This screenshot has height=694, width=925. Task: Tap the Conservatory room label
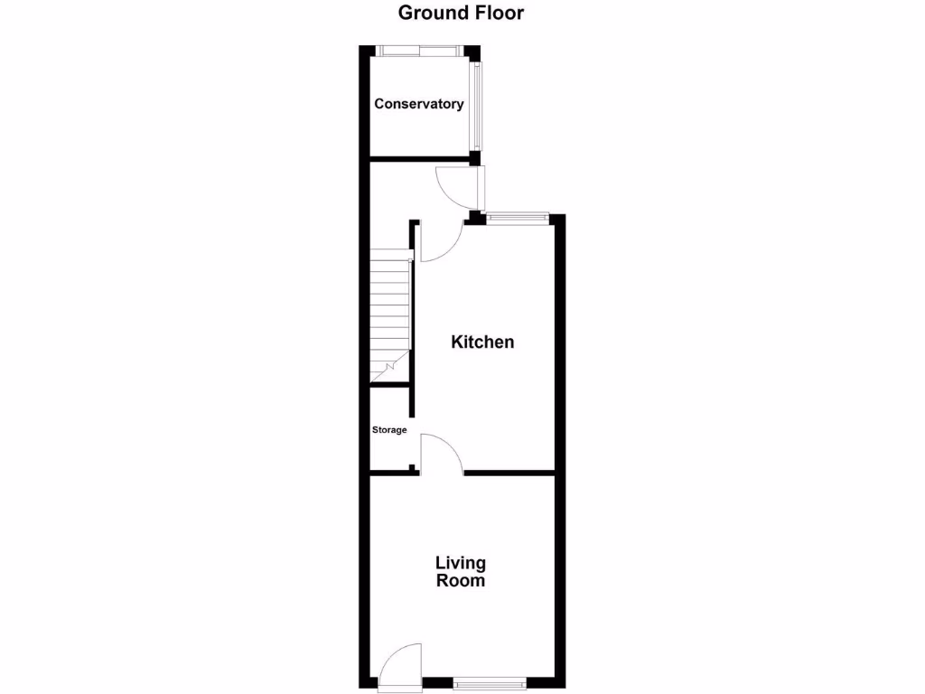coord(419,104)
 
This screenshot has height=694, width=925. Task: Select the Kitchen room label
coord(482,342)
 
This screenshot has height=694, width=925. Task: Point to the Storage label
coord(389,430)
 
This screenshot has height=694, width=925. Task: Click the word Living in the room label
coord(461,563)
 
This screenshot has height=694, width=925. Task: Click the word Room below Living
coord(461,581)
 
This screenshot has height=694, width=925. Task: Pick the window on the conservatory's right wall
coord(476,106)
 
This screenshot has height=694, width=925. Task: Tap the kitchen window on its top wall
coord(517,217)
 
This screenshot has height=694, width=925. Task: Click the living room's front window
coord(489,682)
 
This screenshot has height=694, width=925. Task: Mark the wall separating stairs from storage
coord(390,386)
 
